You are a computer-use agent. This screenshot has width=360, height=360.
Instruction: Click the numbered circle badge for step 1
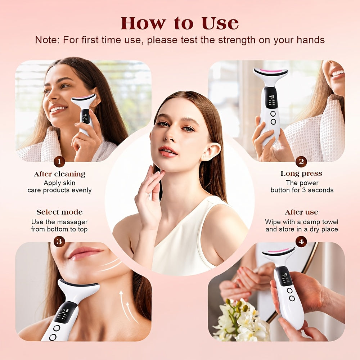[x=59, y=162]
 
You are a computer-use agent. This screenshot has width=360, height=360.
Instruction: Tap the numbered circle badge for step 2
[x=301, y=162]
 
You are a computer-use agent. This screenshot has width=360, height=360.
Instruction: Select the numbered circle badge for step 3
[x=59, y=241]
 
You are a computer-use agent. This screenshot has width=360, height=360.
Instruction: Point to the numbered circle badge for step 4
[x=301, y=241]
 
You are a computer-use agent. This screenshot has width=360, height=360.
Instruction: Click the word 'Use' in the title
[x=220, y=23]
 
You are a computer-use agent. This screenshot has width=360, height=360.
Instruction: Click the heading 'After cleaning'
[x=59, y=174]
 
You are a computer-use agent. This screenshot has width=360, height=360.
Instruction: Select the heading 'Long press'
[x=301, y=174]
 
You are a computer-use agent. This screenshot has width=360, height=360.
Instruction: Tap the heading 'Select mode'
[x=59, y=212]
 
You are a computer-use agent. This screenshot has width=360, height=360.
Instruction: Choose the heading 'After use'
[x=301, y=212]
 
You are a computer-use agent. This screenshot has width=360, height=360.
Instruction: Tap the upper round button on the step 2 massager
[x=273, y=113]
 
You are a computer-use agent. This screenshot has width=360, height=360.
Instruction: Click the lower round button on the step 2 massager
[x=273, y=122]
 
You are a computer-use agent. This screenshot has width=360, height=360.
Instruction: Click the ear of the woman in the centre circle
[x=210, y=152]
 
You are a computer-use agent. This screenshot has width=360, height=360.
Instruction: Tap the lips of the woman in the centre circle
[x=168, y=152]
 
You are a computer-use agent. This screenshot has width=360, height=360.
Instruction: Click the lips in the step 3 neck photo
[x=85, y=253]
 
